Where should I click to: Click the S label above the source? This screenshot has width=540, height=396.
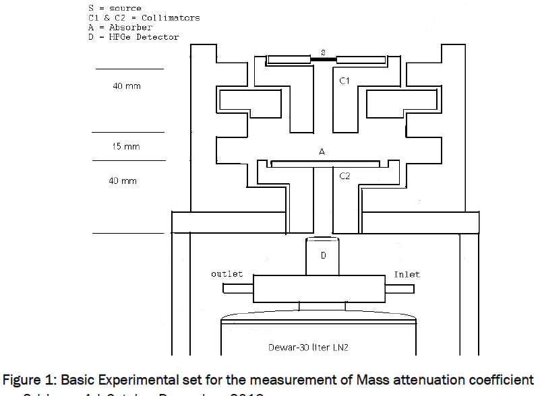pos(323,52)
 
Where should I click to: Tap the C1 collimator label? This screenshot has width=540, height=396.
pos(344,81)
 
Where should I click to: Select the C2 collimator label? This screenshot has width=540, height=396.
pos(344,176)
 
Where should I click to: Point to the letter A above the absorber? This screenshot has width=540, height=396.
pos(322,153)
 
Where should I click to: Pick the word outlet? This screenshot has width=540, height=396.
pos(227,275)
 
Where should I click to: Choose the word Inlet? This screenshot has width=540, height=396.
pos(407,275)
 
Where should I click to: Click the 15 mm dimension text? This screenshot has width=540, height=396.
pos(126,146)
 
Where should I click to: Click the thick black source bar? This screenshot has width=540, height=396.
pos(323,60)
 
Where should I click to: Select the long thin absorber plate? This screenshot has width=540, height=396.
pos(325,164)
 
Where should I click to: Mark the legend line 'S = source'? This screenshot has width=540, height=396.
pos(115,9)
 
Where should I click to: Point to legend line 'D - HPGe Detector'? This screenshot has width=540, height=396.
pos(133,37)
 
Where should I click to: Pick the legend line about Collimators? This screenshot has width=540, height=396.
pos(144,18)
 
